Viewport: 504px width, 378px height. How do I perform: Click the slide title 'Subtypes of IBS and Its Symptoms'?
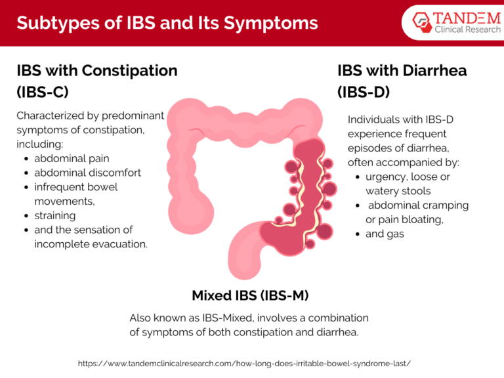(x=167, y=23)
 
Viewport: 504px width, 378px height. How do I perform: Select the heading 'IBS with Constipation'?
(x=96, y=70)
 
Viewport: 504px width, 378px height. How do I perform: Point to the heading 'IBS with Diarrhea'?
(x=402, y=70)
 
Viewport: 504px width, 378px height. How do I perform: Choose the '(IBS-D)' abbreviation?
(x=364, y=92)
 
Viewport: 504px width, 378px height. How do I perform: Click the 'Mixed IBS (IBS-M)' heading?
(x=250, y=295)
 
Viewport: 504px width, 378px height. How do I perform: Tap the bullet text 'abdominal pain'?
(x=72, y=158)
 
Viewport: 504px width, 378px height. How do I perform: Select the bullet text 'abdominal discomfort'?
(x=87, y=173)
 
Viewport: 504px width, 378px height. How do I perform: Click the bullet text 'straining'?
(x=55, y=215)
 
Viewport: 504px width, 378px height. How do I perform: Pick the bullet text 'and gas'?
(x=385, y=234)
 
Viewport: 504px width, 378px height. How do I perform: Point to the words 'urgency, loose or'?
(x=408, y=177)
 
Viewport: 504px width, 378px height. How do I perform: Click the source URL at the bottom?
(x=244, y=363)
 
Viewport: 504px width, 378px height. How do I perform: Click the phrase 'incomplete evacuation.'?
(x=91, y=244)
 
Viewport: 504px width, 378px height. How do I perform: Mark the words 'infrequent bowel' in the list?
(x=75, y=187)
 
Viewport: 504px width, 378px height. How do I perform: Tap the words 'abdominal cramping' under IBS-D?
(x=418, y=205)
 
